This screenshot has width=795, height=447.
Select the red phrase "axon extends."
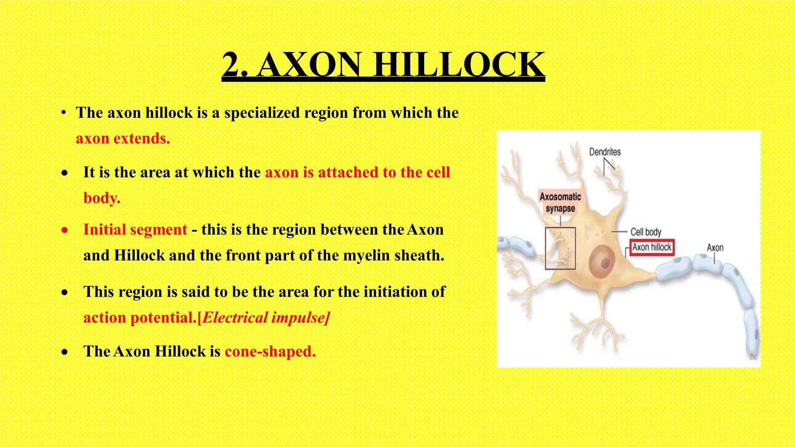(123, 139)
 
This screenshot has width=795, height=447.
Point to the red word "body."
(102, 198)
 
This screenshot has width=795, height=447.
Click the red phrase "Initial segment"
(135, 230)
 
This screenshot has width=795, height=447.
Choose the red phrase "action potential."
(139, 318)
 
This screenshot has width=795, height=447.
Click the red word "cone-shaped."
(270, 352)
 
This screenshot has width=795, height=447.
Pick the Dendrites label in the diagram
(605, 152)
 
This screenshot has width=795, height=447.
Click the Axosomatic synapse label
(560, 203)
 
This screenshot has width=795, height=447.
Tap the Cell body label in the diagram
(646, 232)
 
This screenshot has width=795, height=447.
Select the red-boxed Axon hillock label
(652, 248)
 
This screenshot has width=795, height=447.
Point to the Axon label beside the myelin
(715, 248)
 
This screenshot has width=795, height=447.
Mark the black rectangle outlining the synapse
(560, 248)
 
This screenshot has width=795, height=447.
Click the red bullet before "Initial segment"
(64, 230)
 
